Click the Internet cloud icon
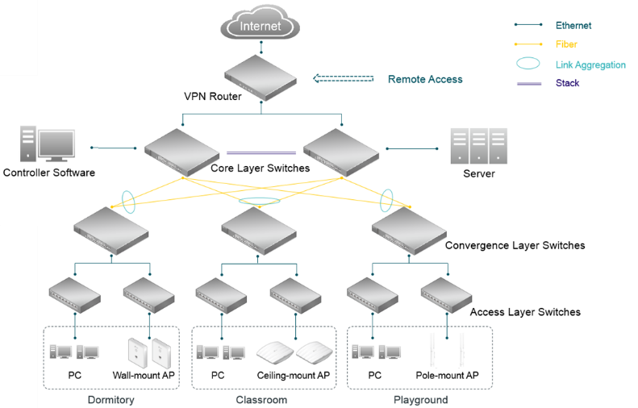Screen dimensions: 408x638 tap(261, 25)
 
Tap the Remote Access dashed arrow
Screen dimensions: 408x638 tap(344, 79)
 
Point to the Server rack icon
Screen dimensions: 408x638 tap(478, 146)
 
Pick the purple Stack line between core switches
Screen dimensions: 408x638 tap(261, 152)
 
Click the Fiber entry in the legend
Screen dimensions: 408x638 tap(566, 44)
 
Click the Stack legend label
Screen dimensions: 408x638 tap(567, 83)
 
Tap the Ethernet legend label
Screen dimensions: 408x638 tap(573, 26)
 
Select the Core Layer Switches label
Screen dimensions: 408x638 tap(260, 169)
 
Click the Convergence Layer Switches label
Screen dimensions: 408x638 tap(515, 245)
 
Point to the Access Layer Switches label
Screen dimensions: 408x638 tap(524, 312)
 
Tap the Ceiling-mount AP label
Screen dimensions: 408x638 tap(294, 375)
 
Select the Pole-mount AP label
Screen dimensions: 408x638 tap(447, 375)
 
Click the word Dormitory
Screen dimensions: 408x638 tap(110, 400)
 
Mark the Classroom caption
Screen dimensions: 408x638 tap(261, 400)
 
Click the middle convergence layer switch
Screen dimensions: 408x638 tap(258, 229)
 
